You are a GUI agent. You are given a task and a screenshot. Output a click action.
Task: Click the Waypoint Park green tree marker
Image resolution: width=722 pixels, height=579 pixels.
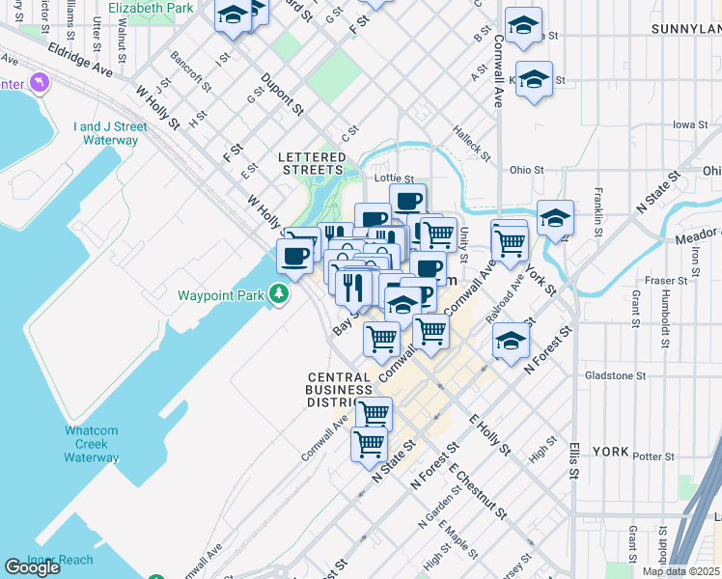(279, 291)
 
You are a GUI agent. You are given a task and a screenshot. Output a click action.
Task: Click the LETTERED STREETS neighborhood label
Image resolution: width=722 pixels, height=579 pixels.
(312, 163)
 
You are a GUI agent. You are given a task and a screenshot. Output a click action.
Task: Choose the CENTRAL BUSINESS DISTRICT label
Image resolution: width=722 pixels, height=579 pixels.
(339, 390)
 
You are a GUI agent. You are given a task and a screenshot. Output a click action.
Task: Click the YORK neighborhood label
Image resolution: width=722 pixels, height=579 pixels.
(610, 452)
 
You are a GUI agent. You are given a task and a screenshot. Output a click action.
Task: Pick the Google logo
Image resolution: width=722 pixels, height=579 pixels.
(32, 567)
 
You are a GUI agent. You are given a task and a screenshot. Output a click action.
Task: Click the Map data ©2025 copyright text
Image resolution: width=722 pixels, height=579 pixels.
(680, 571)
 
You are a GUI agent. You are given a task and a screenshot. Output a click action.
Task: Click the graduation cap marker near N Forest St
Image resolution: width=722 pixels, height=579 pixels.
(511, 340)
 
